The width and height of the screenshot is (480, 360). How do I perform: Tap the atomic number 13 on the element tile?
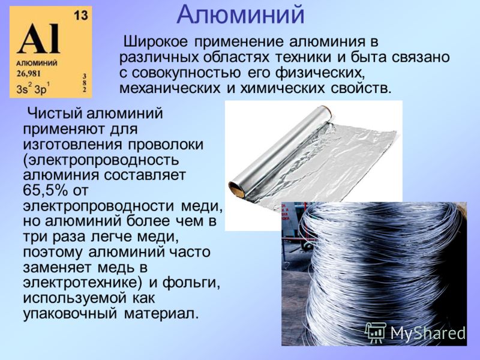coord(80,15)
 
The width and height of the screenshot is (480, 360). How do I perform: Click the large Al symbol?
coord(39,38)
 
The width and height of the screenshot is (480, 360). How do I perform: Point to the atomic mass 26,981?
coord(28,74)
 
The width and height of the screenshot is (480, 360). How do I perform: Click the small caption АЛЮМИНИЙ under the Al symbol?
coord(37,64)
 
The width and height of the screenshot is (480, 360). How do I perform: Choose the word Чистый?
coord(55,113)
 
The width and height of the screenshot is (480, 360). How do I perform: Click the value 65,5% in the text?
coord(46,190)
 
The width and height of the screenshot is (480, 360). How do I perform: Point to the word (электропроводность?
coord(101,160)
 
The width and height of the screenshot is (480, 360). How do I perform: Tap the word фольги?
coord(191,283)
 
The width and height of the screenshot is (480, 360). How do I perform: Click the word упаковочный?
coord(70,314)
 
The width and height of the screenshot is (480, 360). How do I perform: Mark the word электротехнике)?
coord(82,283)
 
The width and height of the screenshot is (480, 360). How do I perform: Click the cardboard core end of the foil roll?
coord(236,189)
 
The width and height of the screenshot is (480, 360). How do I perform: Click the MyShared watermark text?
coord(428,332)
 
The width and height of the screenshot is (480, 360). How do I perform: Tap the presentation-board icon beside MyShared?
coord(376,333)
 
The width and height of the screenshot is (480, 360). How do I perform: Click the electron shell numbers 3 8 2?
coord(85,83)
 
